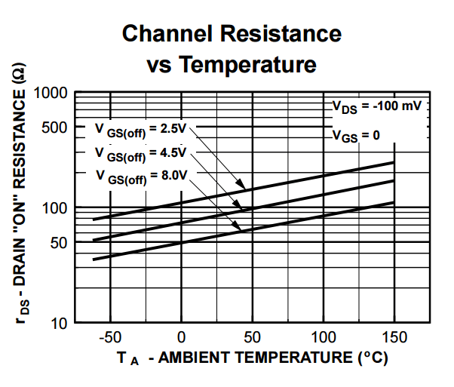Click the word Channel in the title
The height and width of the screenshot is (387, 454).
(x=174, y=34)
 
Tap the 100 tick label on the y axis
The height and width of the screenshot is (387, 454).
(x=56, y=207)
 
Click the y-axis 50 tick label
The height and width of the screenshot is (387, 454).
(x=59, y=242)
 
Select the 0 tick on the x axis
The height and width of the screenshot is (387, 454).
(x=181, y=336)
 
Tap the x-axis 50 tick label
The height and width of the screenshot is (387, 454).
(x=252, y=336)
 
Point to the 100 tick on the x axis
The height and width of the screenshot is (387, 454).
(x=323, y=336)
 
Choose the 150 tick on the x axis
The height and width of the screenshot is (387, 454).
(x=394, y=336)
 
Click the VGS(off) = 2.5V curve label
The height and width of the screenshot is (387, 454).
(x=141, y=128)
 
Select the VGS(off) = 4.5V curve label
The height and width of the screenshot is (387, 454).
(x=141, y=152)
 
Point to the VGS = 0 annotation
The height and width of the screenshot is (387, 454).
(x=356, y=136)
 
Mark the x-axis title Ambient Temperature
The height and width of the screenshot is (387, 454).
(x=253, y=358)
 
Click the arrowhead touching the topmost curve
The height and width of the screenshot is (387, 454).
(x=241, y=186)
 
